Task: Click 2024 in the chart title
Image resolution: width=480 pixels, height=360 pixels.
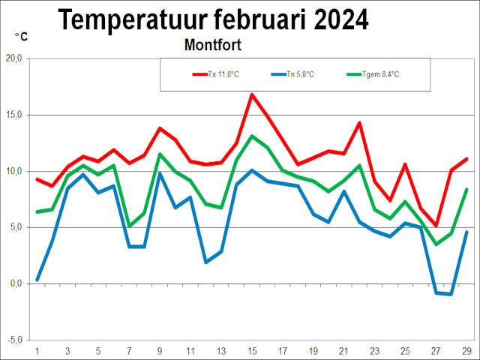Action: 337,19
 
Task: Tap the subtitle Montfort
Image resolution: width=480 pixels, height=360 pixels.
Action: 212,45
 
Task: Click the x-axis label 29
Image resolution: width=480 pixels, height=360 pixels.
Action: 466,351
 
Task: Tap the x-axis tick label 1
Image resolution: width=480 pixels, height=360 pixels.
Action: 37,351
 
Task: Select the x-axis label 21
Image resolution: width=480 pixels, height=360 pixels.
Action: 344,351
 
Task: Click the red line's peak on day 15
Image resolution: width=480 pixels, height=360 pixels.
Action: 252,94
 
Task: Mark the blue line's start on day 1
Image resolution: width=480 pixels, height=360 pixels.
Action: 37,280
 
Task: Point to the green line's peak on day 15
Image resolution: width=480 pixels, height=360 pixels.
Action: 252,136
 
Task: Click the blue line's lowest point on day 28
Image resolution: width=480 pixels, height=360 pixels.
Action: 451,294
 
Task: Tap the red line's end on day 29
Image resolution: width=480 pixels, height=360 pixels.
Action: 466,159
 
